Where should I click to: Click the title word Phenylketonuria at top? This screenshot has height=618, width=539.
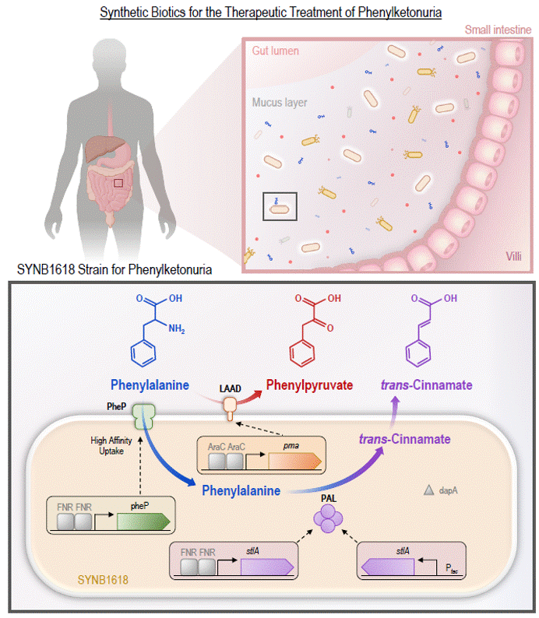tap(394, 13)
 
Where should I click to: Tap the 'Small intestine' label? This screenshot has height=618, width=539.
tap(499, 30)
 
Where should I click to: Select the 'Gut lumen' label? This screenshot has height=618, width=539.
tap(276, 51)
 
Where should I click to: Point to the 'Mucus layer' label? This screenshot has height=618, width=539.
tap(279, 102)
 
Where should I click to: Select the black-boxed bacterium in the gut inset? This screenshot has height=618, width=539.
tap(278, 208)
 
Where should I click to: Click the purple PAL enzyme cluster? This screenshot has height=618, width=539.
tap(327, 517)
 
